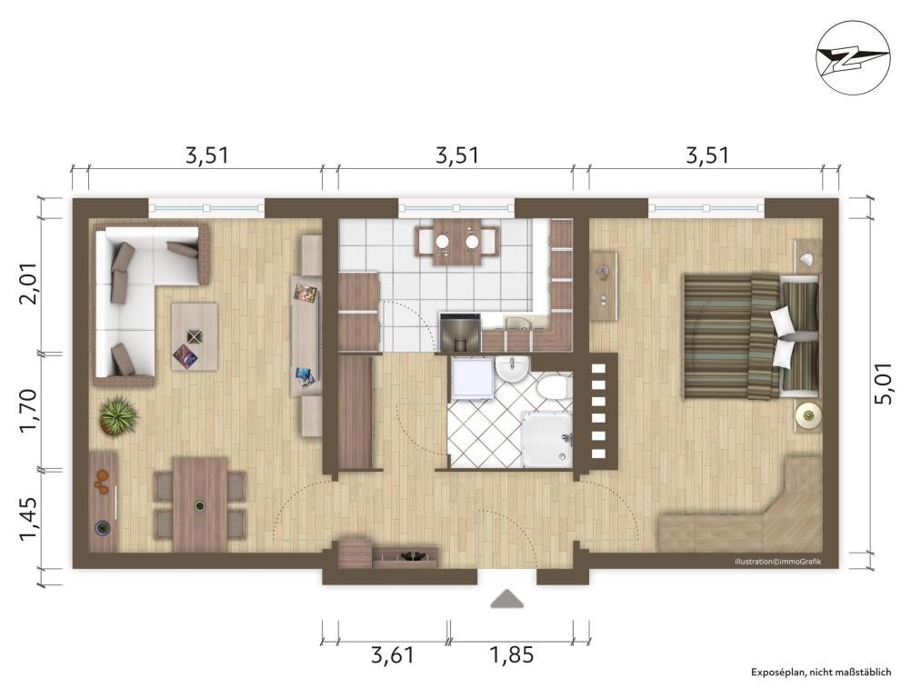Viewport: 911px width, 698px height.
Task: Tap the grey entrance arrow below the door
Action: [506, 599]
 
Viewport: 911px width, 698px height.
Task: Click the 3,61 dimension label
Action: [393, 655]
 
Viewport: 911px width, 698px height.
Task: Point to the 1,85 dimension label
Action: [511, 655]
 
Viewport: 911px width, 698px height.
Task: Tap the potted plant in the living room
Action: [118, 414]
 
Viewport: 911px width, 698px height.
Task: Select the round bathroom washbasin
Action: [512, 370]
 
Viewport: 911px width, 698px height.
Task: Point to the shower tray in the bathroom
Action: [546, 439]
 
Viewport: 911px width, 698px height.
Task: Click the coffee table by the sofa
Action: [194, 337]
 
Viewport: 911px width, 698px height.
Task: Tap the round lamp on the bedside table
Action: [808, 414]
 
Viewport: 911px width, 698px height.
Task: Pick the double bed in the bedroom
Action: [751, 337]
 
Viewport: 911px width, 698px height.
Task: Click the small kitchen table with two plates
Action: [457, 242]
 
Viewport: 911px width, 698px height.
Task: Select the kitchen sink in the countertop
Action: [519, 324]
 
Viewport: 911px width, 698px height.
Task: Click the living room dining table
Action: [200, 504]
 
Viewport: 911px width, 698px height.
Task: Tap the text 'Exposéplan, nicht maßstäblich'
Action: [821, 672]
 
